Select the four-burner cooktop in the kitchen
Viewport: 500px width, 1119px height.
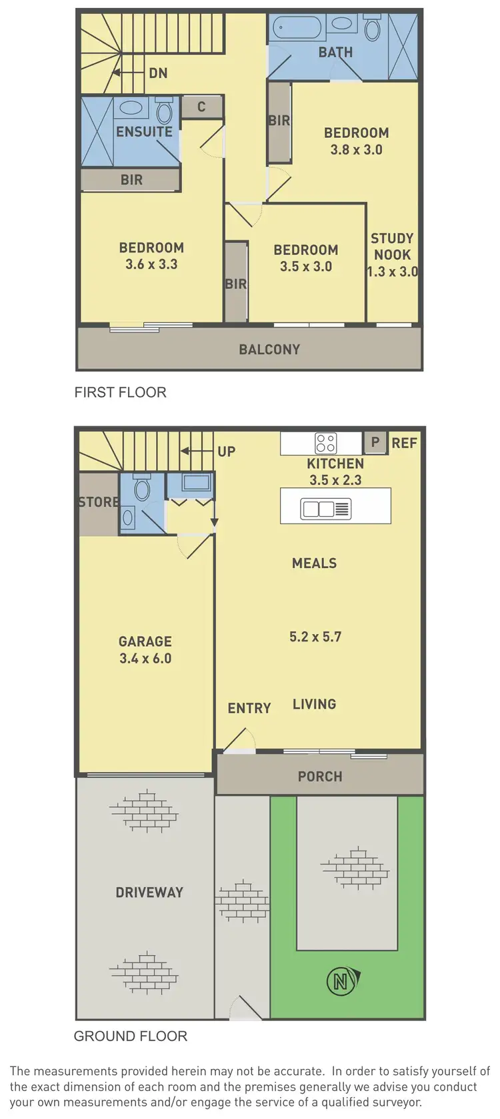coord(326,443)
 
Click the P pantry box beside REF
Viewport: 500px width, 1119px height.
coord(375,442)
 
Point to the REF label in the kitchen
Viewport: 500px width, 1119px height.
coord(405,443)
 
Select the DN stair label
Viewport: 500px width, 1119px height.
coord(158,73)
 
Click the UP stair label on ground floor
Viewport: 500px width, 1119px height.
coord(227,452)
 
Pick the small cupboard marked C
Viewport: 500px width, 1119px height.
coord(201,107)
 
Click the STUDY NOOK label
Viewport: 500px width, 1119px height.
coord(392,246)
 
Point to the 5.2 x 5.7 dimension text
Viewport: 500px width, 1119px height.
coord(315,637)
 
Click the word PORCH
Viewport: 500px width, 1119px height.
coord(320,777)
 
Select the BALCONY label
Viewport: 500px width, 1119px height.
coord(269,349)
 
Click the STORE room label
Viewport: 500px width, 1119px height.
coord(99,502)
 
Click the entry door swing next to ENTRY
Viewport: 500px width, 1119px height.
coord(237,740)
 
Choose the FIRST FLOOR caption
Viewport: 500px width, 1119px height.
coord(120,392)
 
